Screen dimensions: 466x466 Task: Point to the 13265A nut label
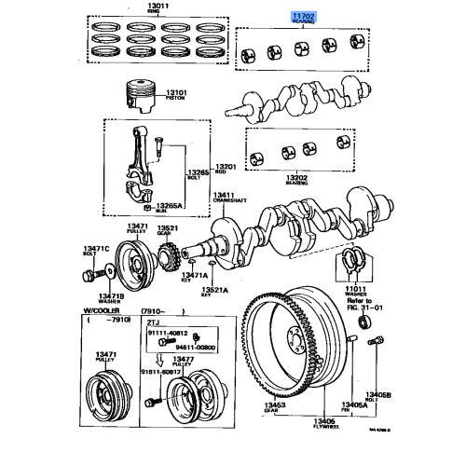click(168, 204)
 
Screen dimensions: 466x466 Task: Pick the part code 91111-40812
click(169, 334)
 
